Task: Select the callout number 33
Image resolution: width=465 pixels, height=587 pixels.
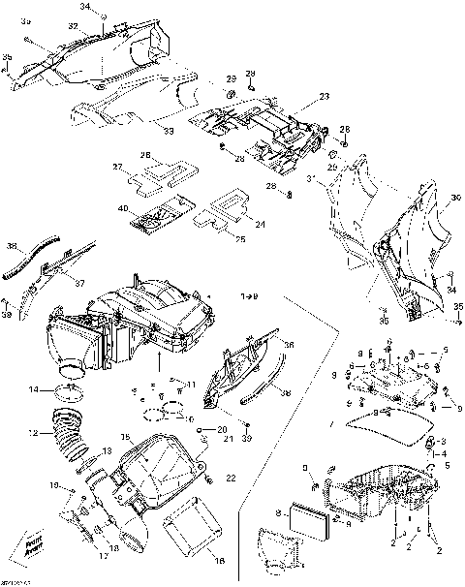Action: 169,129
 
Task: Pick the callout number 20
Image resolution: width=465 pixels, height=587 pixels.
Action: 222,428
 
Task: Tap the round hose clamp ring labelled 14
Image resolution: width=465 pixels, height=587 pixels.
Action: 66,391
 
